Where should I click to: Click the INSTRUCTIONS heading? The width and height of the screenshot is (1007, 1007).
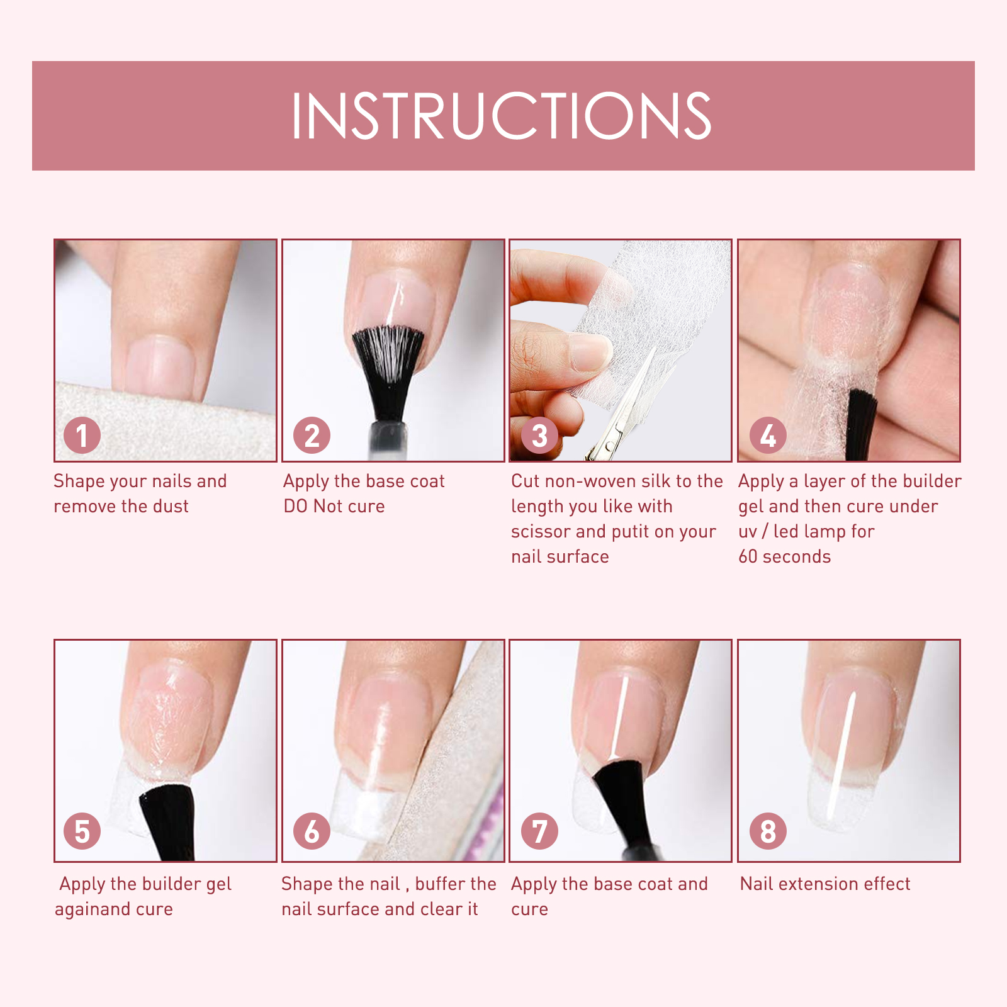point(502,115)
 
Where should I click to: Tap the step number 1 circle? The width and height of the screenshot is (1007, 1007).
point(82,435)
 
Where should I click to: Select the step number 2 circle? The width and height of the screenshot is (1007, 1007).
point(312,435)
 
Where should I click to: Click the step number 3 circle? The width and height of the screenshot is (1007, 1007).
point(539,435)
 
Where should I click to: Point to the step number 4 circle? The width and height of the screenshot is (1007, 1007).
point(768,435)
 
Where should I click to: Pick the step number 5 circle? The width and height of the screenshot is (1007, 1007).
point(82,831)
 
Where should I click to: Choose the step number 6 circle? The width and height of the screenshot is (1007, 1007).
point(312,831)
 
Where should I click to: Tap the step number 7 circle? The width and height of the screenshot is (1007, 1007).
point(539,831)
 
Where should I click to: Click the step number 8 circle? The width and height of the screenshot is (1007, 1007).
point(768,831)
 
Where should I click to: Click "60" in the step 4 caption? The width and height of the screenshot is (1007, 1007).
point(748,556)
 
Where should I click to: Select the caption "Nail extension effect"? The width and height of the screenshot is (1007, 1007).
point(825,884)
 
